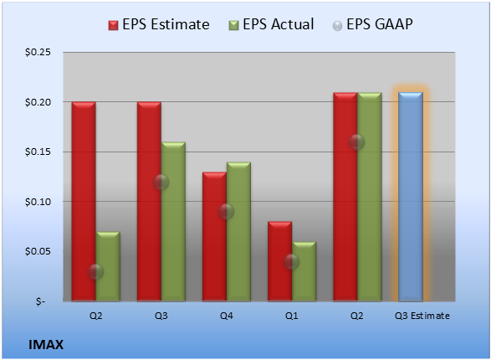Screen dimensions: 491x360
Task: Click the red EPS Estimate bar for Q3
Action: (149, 202)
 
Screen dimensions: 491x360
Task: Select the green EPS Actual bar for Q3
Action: (173, 222)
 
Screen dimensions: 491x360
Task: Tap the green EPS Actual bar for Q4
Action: (238, 232)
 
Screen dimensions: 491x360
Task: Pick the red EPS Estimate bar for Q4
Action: (214, 237)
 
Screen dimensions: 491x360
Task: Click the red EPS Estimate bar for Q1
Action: (280, 261)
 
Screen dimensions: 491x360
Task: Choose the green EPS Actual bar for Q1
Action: (304, 271)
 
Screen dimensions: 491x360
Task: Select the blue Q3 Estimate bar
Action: (411, 197)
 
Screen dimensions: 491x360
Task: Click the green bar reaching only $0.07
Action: (108, 266)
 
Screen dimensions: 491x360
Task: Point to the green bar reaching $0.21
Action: (370, 197)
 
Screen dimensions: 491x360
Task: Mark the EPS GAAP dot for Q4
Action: (226, 212)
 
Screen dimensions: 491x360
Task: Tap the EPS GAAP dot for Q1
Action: (292, 261)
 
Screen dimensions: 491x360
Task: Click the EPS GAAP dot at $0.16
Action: (357, 142)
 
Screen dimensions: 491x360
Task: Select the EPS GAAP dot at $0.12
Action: (161, 182)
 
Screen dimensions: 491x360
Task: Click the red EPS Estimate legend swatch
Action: (114, 25)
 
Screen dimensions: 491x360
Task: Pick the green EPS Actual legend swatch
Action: (233, 25)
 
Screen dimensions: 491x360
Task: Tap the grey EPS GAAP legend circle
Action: (337, 26)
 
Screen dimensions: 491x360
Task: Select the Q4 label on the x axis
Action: (227, 316)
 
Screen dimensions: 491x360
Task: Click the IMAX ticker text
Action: (46, 345)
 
